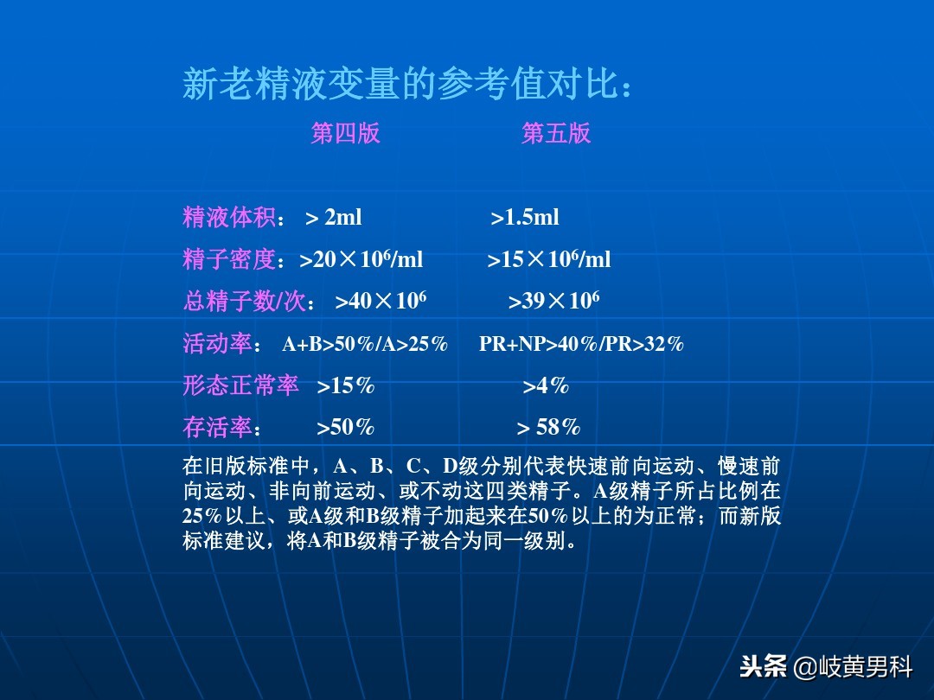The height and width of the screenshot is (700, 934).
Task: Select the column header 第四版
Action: point(345,133)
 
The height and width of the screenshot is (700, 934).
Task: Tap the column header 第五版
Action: point(556,133)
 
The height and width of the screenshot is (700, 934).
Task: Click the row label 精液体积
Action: point(229,217)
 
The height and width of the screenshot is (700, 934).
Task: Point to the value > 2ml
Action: point(334,218)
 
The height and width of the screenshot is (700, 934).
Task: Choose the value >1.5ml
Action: point(525,218)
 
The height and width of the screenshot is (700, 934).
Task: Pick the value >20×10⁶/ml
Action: point(361,259)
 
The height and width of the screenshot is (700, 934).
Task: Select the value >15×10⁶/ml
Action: point(549,259)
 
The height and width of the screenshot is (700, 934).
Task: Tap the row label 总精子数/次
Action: point(245,301)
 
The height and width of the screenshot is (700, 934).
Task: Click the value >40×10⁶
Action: point(381,301)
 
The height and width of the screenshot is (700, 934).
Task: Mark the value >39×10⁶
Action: point(553,301)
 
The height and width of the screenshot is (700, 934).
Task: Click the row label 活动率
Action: point(217,343)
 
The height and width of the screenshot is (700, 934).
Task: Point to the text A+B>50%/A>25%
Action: point(365,344)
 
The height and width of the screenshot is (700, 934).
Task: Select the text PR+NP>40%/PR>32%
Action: point(581,344)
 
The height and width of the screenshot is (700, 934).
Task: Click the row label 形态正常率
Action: point(240,385)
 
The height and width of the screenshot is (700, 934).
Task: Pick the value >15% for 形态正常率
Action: point(345,386)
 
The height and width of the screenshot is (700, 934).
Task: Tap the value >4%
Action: point(546,386)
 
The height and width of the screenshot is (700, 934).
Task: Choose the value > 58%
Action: point(548,428)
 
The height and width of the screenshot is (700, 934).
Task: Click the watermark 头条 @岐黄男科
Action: point(826,667)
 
